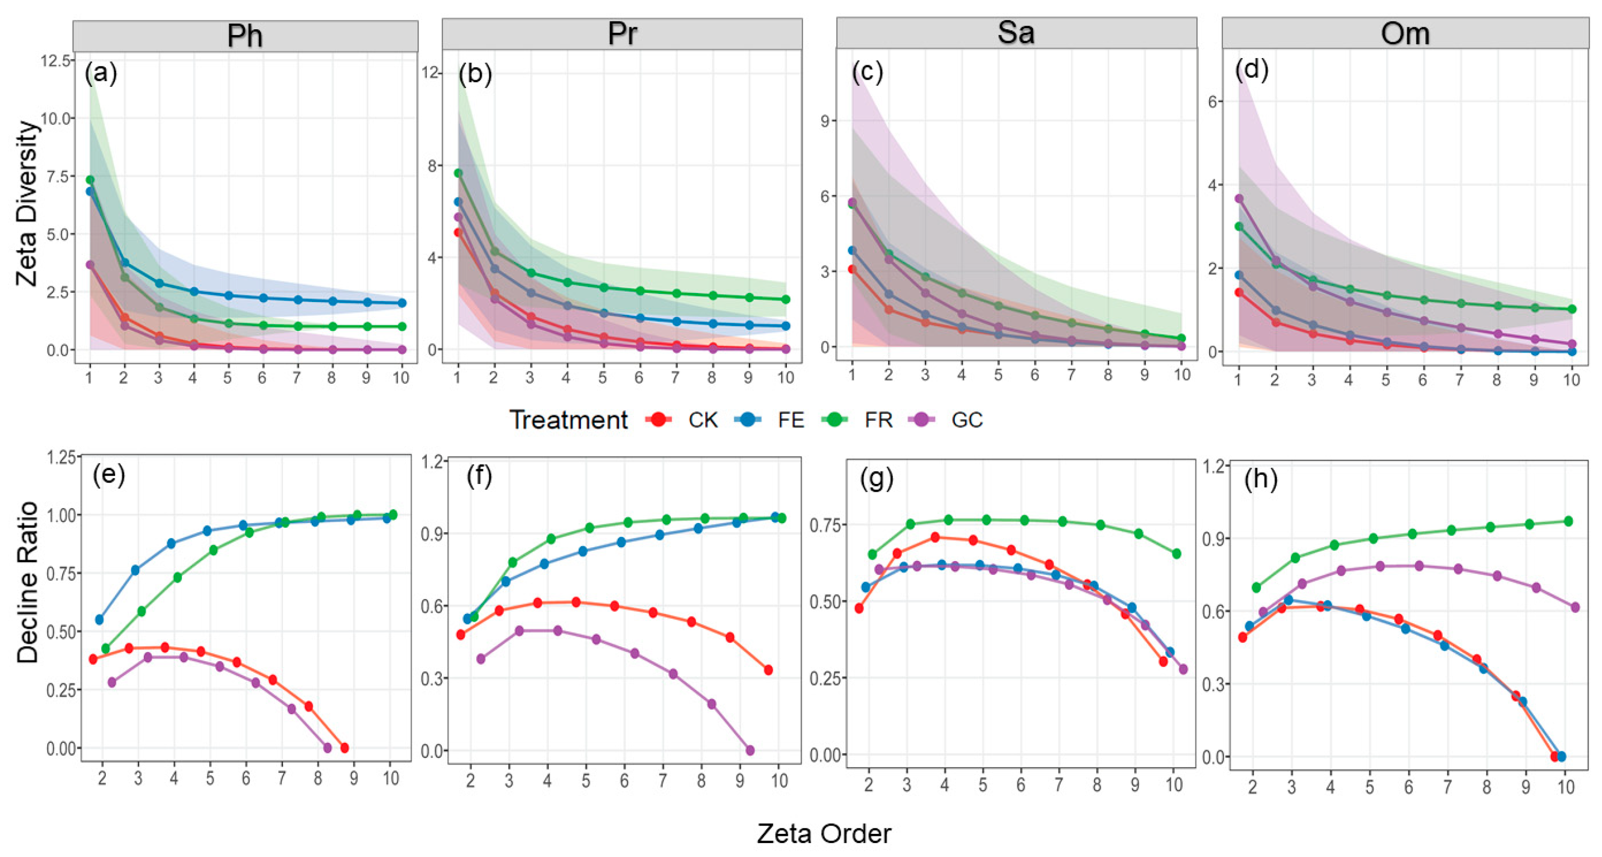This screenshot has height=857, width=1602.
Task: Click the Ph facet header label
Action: point(245,36)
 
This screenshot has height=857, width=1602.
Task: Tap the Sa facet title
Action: point(1015,33)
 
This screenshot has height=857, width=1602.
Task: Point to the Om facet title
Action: point(1405,33)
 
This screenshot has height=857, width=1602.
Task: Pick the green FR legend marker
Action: point(835,420)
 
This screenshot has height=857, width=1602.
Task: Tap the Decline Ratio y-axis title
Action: point(27,583)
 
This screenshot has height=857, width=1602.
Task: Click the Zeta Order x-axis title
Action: point(823,834)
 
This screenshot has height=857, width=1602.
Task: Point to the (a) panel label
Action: point(101,73)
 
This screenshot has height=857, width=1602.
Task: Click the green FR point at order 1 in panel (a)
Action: point(90,180)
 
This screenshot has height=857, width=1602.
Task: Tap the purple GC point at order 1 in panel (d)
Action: point(1239,199)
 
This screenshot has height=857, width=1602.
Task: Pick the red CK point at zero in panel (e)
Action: point(345,748)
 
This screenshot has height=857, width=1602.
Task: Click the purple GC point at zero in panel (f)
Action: point(750,751)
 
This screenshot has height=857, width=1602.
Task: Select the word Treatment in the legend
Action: point(569,420)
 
